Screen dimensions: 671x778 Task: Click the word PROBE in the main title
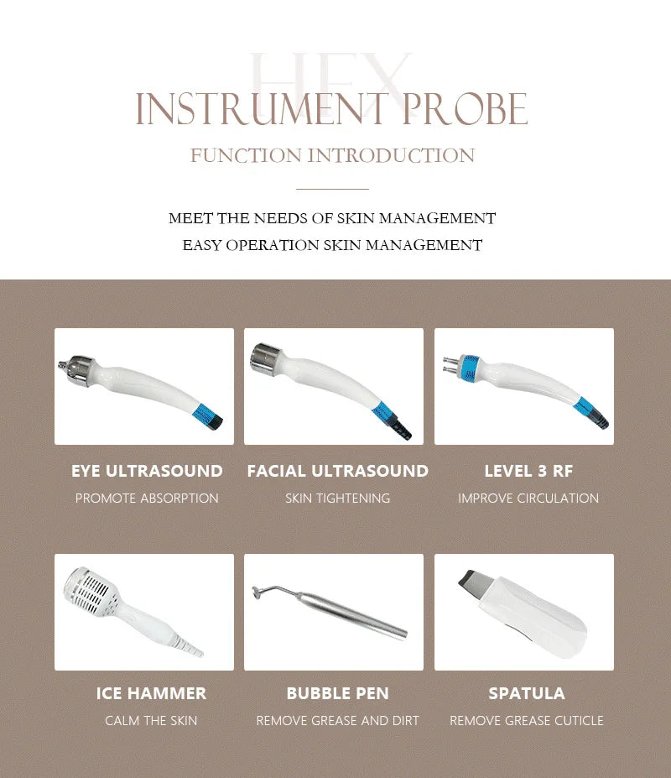pyautogui.click(x=464, y=108)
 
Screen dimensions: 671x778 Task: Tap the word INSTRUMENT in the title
pyautogui.click(x=262, y=108)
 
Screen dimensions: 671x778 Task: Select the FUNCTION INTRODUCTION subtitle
pyautogui.click(x=332, y=155)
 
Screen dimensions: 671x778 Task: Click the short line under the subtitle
pyautogui.click(x=332, y=189)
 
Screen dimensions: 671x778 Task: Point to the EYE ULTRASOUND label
pyautogui.click(x=147, y=471)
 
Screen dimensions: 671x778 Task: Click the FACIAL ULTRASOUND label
pyautogui.click(x=338, y=471)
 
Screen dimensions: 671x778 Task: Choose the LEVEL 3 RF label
pyautogui.click(x=528, y=471)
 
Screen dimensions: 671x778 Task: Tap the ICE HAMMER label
pyautogui.click(x=151, y=693)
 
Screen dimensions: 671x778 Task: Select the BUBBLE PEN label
pyautogui.click(x=338, y=693)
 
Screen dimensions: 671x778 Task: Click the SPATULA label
pyautogui.click(x=527, y=693)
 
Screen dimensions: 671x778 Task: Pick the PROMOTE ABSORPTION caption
pyautogui.click(x=147, y=499)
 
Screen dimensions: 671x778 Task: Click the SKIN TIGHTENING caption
pyautogui.click(x=338, y=499)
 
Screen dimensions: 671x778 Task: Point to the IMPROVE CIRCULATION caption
pyautogui.click(x=528, y=499)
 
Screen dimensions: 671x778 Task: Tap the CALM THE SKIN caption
pyautogui.click(x=151, y=720)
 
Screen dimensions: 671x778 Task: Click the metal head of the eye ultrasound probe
pyautogui.click(x=80, y=369)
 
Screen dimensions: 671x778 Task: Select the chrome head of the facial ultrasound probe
pyautogui.click(x=266, y=358)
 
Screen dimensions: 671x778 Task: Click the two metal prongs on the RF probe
pyautogui.click(x=450, y=364)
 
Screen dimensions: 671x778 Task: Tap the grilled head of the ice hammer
pyautogui.click(x=90, y=592)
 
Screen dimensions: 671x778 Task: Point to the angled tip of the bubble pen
pyautogui.click(x=268, y=591)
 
